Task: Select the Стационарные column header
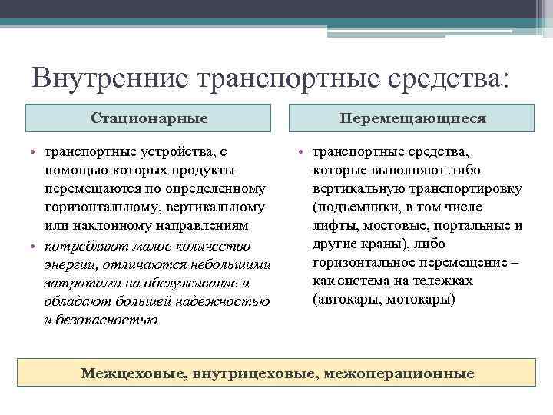tap(149, 118)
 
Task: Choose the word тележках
tap(447, 281)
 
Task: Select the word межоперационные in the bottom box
tap(399, 373)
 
